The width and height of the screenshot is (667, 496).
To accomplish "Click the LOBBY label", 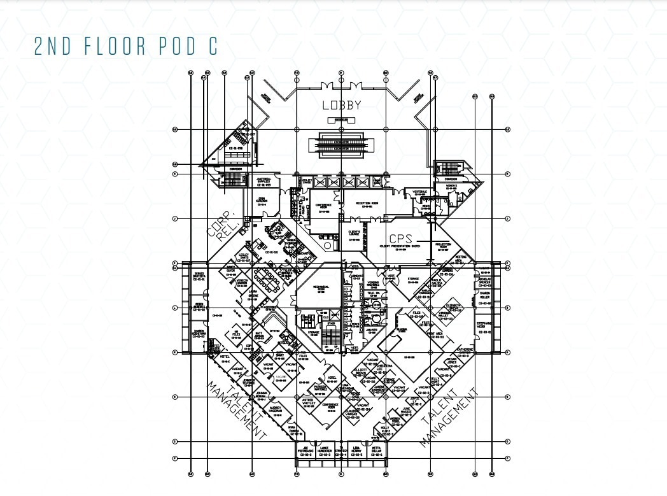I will [x=341, y=106].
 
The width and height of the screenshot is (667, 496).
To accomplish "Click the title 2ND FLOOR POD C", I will [x=126, y=47].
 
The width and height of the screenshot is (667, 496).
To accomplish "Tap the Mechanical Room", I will [x=319, y=288].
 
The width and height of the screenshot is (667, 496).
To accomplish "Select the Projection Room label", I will [x=443, y=247].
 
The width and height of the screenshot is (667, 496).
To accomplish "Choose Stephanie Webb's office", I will [x=484, y=327].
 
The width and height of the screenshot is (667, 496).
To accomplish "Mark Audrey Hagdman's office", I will [x=275, y=407].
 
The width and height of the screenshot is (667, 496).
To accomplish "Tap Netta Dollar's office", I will [x=376, y=451].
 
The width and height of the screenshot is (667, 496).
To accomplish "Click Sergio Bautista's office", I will [x=199, y=276].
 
